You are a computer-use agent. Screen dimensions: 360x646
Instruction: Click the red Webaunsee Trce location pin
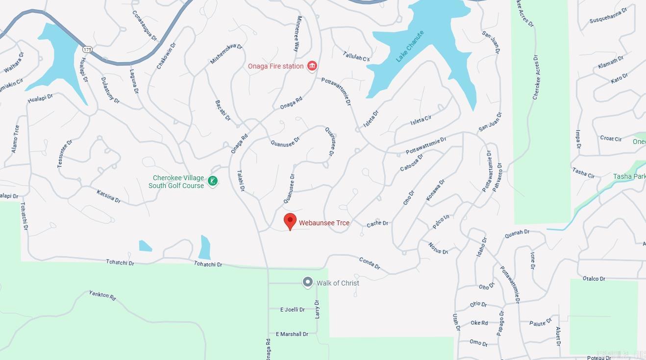(x=290, y=221)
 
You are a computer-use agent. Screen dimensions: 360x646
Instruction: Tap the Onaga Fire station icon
(x=312, y=66)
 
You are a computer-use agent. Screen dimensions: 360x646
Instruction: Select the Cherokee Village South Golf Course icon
(x=213, y=181)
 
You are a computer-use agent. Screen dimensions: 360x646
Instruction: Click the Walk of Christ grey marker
(x=307, y=282)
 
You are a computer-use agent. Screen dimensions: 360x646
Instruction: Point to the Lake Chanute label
(x=409, y=47)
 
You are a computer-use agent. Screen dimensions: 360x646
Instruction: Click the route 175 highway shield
(x=87, y=49)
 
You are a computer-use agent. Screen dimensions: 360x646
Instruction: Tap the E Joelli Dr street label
(x=292, y=310)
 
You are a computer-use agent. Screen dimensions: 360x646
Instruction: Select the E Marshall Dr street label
(x=292, y=334)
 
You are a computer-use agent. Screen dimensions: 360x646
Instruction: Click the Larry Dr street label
(x=317, y=309)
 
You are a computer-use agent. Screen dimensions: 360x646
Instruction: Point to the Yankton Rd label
(x=102, y=295)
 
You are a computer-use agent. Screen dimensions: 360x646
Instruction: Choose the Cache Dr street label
(x=377, y=223)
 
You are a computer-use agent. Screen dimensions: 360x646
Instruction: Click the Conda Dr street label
(x=370, y=263)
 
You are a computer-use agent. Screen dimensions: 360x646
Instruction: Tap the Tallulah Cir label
(x=356, y=56)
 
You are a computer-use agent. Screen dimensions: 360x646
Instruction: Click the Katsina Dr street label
(x=108, y=196)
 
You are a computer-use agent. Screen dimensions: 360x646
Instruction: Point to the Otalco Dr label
(x=594, y=279)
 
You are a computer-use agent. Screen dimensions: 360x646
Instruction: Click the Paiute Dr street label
(x=540, y=322)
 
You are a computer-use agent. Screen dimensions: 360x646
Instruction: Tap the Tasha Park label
(x=629, y=176)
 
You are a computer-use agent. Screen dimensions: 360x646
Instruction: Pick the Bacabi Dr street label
(x=223, y=110)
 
